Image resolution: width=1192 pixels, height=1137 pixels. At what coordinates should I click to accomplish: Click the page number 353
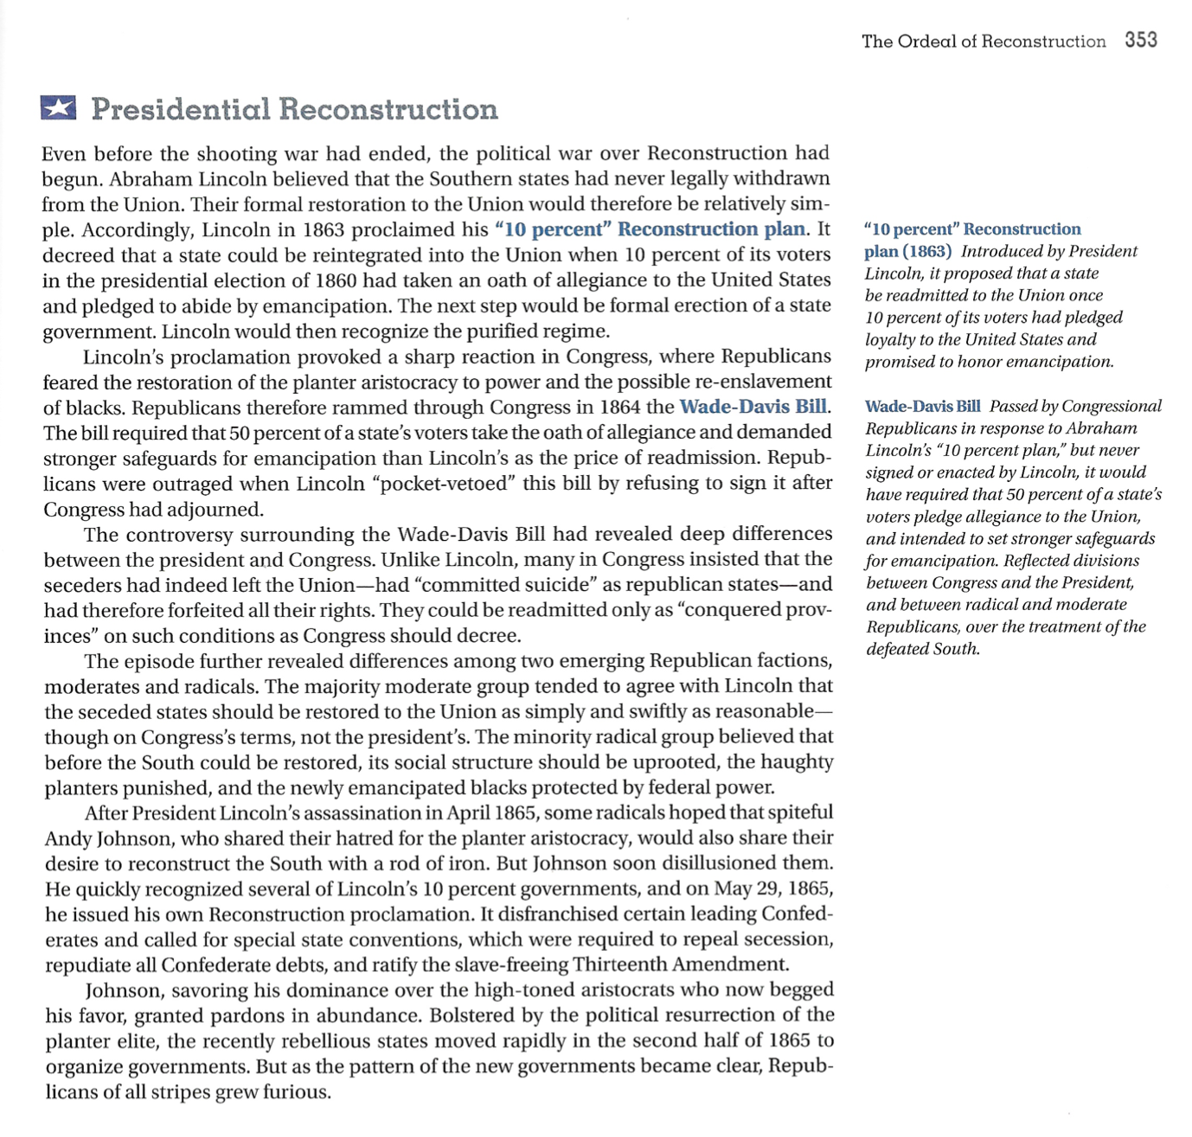point(1141,40)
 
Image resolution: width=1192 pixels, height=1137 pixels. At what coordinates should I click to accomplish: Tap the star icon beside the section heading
point(58,108)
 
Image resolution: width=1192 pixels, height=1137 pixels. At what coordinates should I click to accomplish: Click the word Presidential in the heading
point(179,109)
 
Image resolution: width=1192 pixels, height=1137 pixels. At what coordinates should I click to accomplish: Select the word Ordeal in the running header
point(926,42)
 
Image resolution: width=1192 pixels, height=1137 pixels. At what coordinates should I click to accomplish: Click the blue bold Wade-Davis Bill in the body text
point(753,407)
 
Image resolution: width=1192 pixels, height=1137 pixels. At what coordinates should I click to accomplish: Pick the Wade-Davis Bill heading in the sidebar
point(922,407)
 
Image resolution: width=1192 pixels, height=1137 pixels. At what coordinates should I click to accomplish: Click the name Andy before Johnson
point(67,838)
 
